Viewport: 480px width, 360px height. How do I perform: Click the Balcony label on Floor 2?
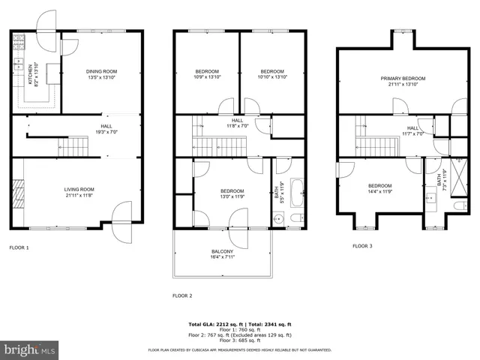point(222,253)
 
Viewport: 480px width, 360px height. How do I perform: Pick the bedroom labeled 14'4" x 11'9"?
point(379,188)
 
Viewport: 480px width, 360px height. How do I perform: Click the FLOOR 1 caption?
point(19,247)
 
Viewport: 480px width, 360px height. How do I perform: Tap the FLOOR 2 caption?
point(182,295)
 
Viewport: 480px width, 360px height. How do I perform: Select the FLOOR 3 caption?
point(363,245)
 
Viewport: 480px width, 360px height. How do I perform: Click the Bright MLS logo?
point(30,349)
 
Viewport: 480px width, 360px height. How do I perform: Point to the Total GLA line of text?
point(239,325)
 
